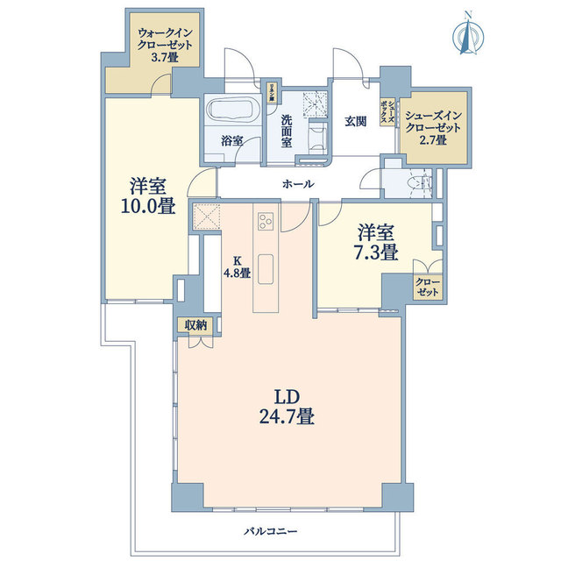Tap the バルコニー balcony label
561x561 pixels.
pos(273,531)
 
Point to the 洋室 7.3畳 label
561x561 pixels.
pos(377,243)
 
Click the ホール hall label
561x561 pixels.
pos(298,184)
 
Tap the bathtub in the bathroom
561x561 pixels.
pos(232,111)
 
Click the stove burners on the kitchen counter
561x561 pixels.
pos(266,219)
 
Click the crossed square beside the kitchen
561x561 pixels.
pos(205,217)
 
